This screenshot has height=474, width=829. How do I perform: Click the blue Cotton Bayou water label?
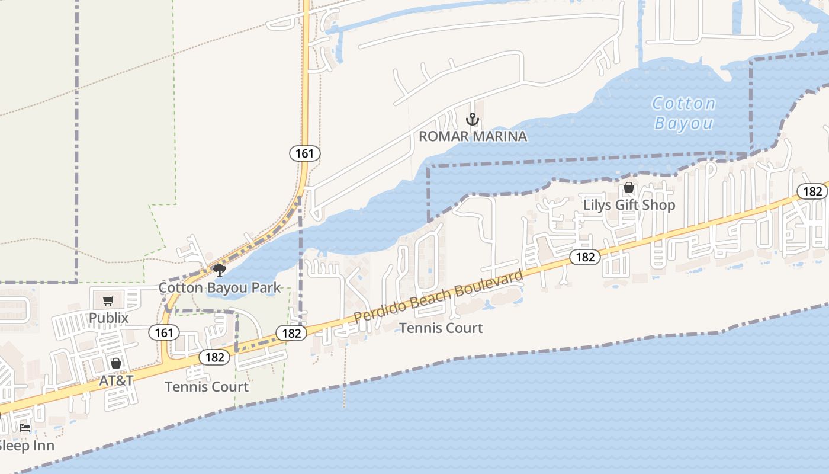(684, 113)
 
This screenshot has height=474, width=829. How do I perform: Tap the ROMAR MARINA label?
(473, 136)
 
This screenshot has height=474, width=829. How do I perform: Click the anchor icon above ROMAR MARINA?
(473, 119)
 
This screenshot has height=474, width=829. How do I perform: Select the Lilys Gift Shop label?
(629, 205)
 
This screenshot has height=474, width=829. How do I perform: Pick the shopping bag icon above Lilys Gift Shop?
(629, 188)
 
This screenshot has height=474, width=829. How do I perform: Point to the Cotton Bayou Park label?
(220, 288)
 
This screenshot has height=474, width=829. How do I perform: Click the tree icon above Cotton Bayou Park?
(220, 271)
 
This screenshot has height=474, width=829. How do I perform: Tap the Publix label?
(108, 318)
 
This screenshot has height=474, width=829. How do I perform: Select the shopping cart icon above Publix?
(108, 301)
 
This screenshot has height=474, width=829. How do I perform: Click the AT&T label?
(116, 380)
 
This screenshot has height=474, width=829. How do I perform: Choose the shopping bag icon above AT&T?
(116, 363)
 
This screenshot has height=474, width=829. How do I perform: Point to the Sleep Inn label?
(26, 446)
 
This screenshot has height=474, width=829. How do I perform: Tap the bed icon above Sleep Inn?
(25, 427)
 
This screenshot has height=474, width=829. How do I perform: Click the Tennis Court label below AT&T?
(207, 387)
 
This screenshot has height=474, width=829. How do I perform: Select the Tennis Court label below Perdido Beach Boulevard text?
(441, 328)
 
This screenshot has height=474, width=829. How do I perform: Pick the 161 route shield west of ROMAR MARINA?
(305, 153)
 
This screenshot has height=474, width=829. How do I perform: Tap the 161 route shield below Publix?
(163, 332)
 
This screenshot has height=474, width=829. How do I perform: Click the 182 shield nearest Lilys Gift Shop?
(585, 257)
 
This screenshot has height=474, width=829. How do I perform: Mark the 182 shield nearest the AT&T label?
(214, 357)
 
